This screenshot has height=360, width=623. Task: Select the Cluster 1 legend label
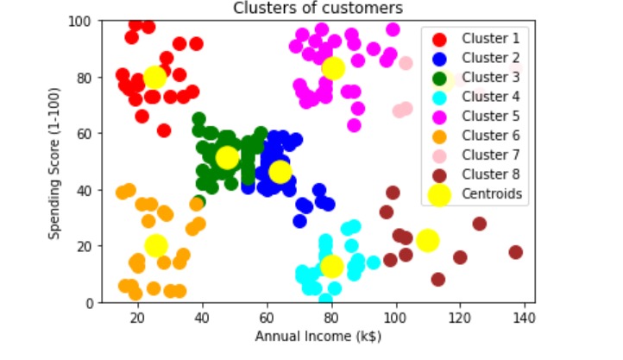pos(489,38)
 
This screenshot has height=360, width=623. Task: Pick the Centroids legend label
pos(492,194)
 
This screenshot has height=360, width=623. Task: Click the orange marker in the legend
pos(439,136)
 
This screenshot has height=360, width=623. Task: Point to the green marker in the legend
pos(439,77)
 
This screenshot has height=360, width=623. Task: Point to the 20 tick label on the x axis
pos(138,319)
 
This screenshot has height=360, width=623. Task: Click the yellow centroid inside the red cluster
pos(154,78)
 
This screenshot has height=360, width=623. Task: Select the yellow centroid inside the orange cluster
pos(155,245)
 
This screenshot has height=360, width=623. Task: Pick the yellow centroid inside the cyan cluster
pos(331,266)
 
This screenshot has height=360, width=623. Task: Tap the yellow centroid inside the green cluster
pos(227,157)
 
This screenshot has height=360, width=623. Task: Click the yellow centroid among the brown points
pos(427,240)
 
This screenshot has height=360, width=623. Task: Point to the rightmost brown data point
pos(516,252)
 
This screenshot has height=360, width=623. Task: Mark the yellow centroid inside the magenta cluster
pos(333,68)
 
